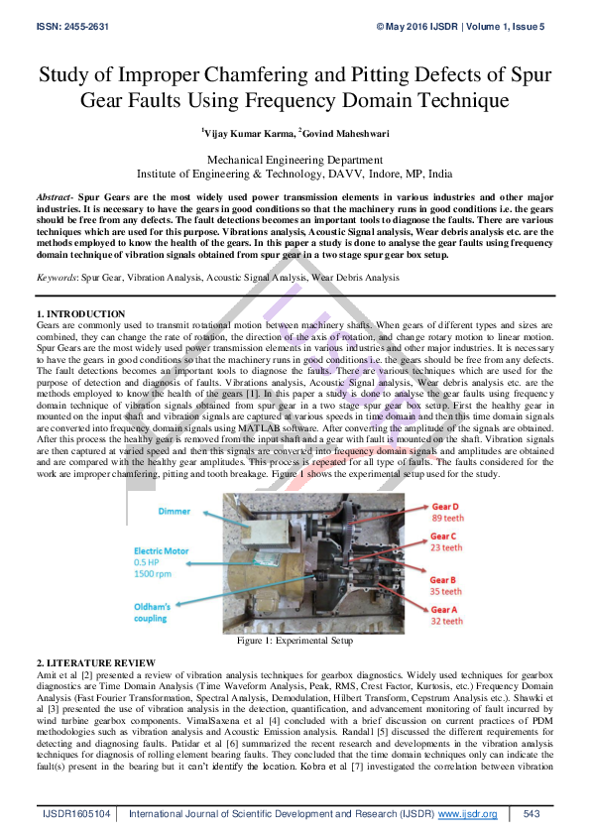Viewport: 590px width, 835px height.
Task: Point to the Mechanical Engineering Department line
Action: click(x=295, y=159)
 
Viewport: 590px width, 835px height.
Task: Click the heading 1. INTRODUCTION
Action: click(x=82, y=314)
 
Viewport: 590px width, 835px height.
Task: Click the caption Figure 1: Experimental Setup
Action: click(x=295, y=642)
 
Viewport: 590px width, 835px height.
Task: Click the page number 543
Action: click(x=531, y=814)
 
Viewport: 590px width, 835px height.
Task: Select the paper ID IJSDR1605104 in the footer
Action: click(x=74, y=814)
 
